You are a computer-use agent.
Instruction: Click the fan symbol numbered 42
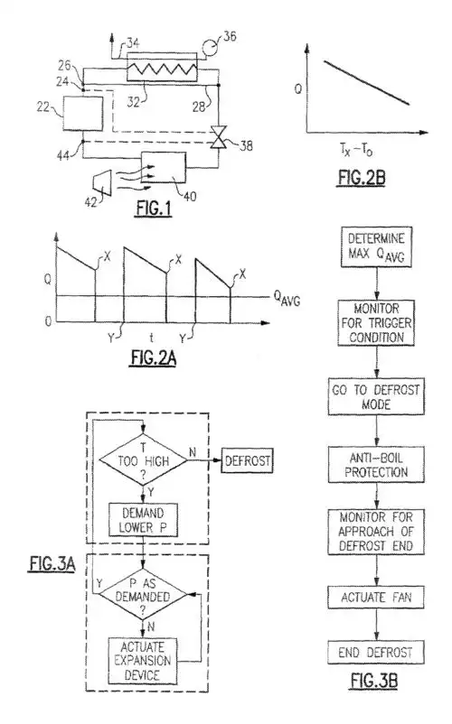coord(90,179)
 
